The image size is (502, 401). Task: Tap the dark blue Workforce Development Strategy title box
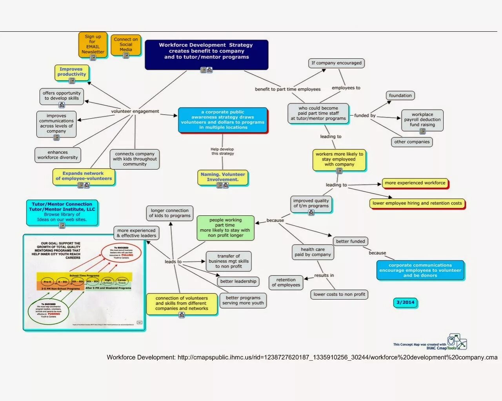pos(206,54)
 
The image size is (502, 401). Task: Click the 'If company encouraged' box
pos(336,63)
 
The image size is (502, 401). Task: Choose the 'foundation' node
pos(400,96)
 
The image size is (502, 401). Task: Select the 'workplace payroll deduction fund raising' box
pos(422,120)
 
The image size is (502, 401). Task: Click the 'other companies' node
pos(412,142)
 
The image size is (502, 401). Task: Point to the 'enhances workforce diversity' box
pos(58,155)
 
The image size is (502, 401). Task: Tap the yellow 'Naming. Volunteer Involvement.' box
pos(223,177)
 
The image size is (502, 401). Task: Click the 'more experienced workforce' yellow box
pos(415,183)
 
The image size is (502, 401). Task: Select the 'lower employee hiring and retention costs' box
pos(417,203)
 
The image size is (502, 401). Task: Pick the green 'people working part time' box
pos(225,228)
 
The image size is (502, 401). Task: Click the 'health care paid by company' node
pos(313,252)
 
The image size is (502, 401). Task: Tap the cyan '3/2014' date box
pos(406,302)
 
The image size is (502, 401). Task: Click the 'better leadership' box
pos(238,281)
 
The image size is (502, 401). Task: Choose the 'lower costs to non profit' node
pos(339,294)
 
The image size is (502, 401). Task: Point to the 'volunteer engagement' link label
pos(135,111)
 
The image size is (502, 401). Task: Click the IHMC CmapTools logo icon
pos(457,342)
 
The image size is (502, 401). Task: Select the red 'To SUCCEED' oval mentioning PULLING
pos(121,253)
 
